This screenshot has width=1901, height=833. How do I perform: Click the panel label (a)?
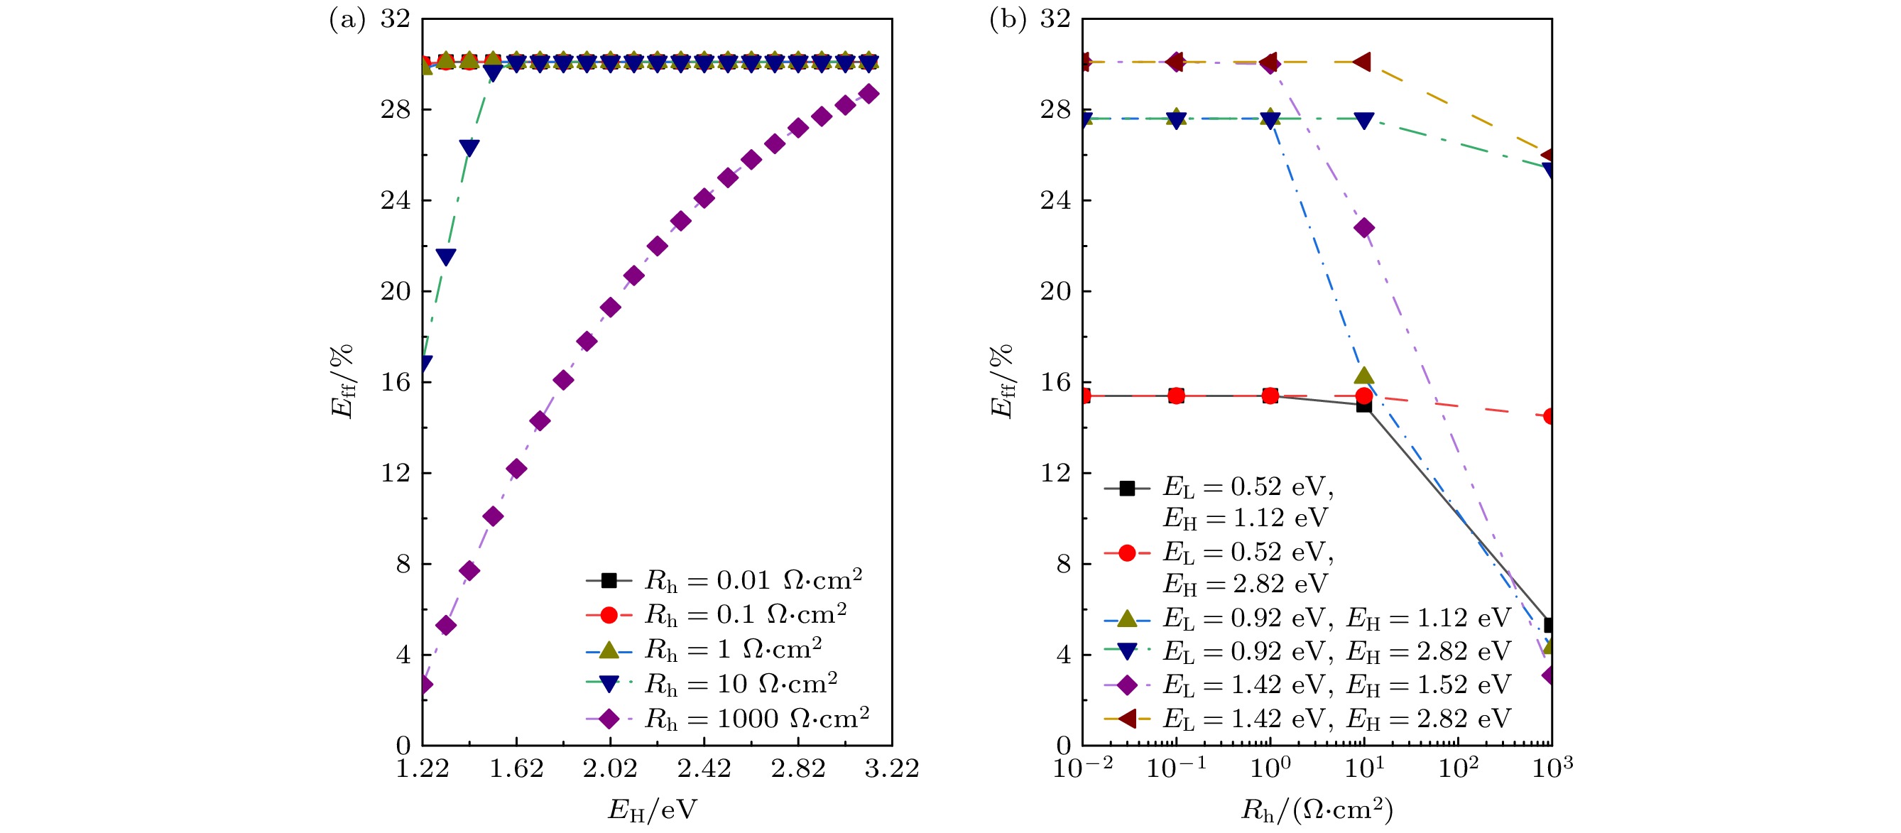(x=347, y=20)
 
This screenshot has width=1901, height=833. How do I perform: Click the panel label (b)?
(x=1006, y=20)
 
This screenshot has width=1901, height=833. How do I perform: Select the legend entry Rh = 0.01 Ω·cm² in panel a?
(x=753, y=581)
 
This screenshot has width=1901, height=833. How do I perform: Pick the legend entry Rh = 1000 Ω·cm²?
(x=756, y=719)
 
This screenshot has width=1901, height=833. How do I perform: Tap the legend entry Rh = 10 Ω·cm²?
(x=740, y=684)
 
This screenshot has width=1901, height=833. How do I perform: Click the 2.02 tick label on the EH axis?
(x=609, y=769)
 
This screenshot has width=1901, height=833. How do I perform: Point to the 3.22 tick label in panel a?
(x=891, y=769)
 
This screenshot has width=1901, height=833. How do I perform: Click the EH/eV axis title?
(x=652, y=810)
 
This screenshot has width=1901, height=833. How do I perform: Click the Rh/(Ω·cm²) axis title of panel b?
(x=1317, y=810)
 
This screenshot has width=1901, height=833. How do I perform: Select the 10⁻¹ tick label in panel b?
(x=1175, y=769)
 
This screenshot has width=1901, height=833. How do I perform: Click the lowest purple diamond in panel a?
(x=424, y=685)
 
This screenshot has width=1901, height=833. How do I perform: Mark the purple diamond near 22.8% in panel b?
(x=1364, y=228)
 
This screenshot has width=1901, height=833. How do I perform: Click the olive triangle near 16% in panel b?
(x=1363, y=376)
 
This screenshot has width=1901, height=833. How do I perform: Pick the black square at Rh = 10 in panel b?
(x=1363, y=405)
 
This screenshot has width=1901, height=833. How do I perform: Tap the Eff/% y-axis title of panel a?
(x=342, y=381)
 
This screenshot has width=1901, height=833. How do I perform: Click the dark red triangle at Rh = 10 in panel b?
(x=1362, y=62)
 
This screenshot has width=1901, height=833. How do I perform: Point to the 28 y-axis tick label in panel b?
(x=1055, y=109)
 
